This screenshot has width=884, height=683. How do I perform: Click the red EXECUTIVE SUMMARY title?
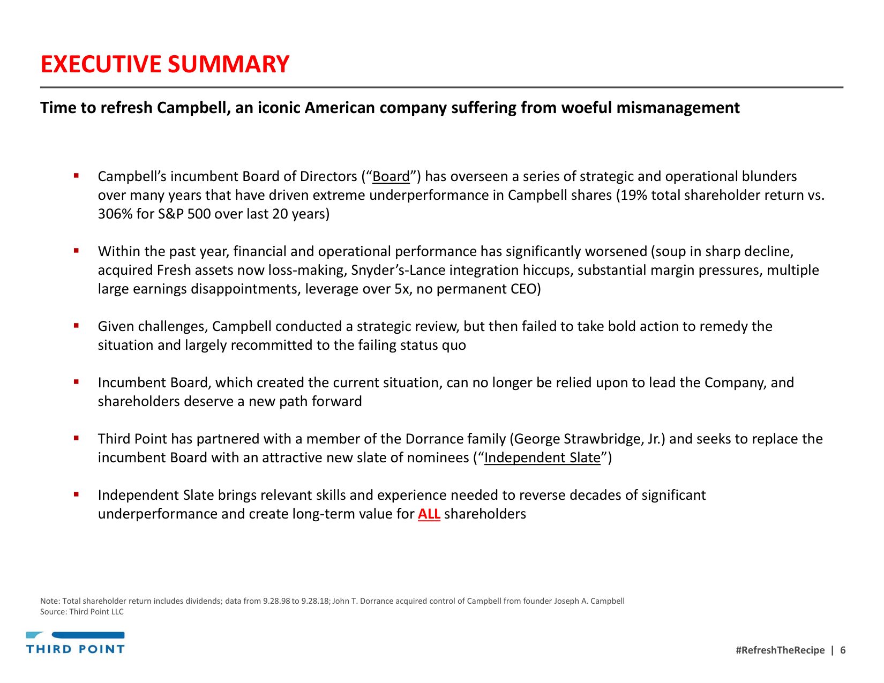165,64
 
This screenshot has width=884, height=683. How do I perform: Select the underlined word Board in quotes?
391,177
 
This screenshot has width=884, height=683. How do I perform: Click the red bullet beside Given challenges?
77,325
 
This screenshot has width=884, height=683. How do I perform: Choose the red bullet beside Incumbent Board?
77,381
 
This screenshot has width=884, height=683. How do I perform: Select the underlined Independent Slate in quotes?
542,458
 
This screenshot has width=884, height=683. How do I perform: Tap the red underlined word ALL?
429,514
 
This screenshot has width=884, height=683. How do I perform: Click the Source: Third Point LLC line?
82,612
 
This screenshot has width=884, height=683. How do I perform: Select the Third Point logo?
76,643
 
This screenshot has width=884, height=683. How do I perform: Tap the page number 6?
843,650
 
